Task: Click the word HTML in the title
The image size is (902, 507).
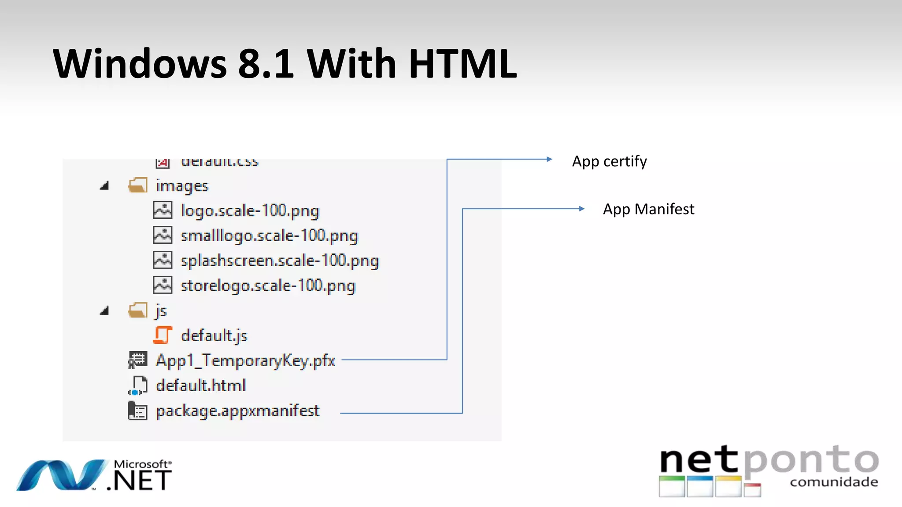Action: tap(462, 64)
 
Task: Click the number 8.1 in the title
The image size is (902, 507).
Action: tap(266, 64)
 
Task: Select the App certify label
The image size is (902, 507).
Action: tap(609, 162)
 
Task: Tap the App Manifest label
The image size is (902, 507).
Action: tap(648, 209)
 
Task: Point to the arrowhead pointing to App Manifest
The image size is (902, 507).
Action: tap(582, 209)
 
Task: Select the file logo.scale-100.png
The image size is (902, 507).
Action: tap(250, 211)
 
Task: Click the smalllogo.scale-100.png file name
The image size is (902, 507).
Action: tap(269, 236)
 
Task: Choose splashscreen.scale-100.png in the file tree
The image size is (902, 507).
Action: tap(280, 261)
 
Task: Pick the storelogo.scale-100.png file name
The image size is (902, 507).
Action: tap(268, 286)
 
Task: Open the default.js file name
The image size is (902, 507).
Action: tap(214, 336)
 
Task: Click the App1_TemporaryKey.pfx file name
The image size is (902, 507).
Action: tap(245, 361)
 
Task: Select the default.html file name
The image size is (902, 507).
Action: tap(201, 386)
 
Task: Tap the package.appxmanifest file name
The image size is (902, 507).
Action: tap(237, 411)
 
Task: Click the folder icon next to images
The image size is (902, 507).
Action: tap(138, 185)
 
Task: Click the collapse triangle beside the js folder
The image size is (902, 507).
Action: tap(104, 311)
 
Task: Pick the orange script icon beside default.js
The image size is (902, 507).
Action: tap(163, 335)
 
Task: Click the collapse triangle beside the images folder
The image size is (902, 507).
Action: tap(104, 186)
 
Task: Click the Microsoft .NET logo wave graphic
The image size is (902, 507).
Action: tap(62, 475)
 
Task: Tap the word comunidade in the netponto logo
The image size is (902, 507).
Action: tap(834, 482)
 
